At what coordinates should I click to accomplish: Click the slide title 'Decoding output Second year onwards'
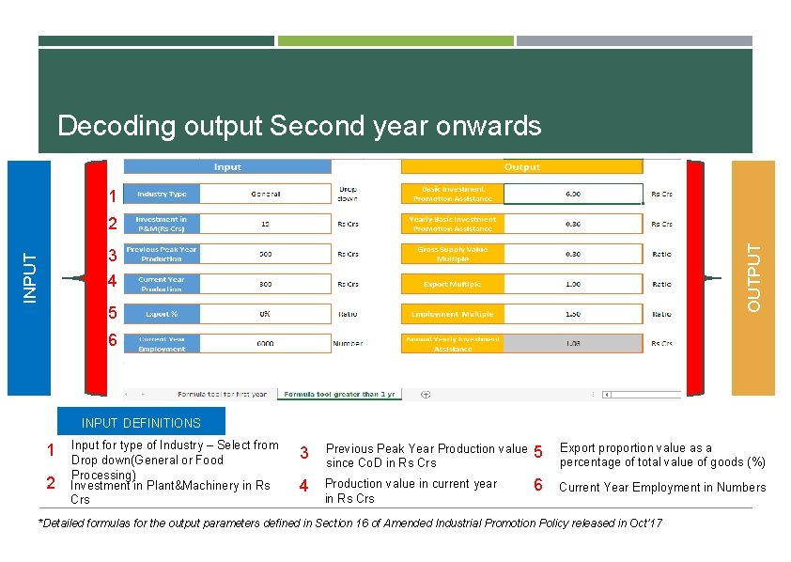tap(299, 126)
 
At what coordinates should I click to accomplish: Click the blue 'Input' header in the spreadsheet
tap(227, 166)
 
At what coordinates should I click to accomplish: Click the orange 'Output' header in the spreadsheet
tap(521, 166)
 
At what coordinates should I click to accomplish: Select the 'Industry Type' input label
tap(162, 195)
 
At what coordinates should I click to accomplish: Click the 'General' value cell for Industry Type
tap(265, 195)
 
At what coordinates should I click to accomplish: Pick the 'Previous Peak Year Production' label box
tap(162, 254)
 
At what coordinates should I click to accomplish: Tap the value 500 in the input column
tap(265, 254)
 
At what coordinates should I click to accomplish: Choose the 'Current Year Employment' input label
tap(162, 344)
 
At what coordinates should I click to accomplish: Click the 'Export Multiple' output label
tap(453, 284)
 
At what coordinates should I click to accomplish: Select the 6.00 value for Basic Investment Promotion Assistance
tap(572, 195)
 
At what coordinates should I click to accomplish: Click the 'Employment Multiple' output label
tap(453, 314)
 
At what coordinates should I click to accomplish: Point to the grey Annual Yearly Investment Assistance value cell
tap(572, 344)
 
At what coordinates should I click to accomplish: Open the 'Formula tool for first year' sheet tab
tap(222, 395)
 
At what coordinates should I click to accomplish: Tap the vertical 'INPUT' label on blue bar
tap(29, 278)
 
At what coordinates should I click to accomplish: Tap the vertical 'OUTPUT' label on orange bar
tap(753, 278)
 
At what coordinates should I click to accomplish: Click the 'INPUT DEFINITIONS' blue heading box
tap(141, 423)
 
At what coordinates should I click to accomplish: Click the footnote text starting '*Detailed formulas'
tap(349, 523)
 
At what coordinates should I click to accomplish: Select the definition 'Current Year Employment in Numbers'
tap(662, 487)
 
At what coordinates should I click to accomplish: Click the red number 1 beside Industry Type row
tap(112, 197)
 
